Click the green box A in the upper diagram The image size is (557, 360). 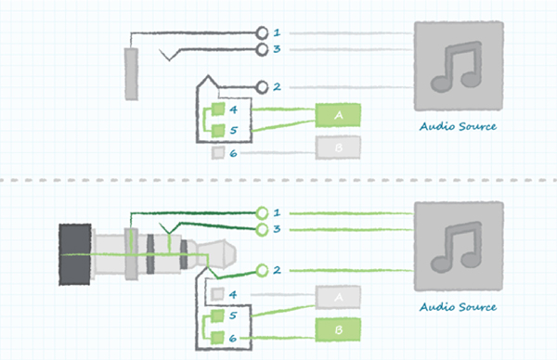[x=338, y=115]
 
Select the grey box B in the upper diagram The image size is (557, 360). [x=338, y=147]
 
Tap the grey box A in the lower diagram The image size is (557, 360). [x=339, y=297]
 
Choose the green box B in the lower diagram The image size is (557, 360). [x=339, y=328]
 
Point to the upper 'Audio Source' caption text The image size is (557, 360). [x=459, y=126]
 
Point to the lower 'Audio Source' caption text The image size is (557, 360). [x=459, y=307]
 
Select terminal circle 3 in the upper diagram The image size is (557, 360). [x=263, y=48]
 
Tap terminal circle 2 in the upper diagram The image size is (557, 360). [x=263, y=88]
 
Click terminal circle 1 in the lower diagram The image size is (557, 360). [x=263, y=213]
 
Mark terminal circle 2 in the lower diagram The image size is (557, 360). [x=263, y=270]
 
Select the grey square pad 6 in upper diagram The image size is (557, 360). [x=217, y=151]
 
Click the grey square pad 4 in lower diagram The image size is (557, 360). [x=217, y=294]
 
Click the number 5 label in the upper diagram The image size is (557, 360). [x=234, y=131]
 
